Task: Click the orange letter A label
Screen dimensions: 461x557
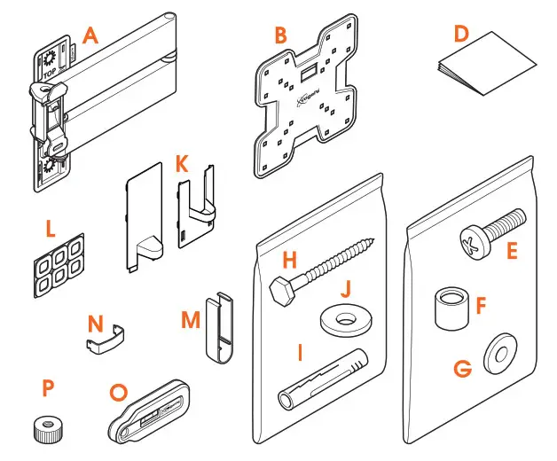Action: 90,35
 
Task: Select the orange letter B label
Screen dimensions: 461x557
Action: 280,36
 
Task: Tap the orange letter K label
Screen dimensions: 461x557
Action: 181,164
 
